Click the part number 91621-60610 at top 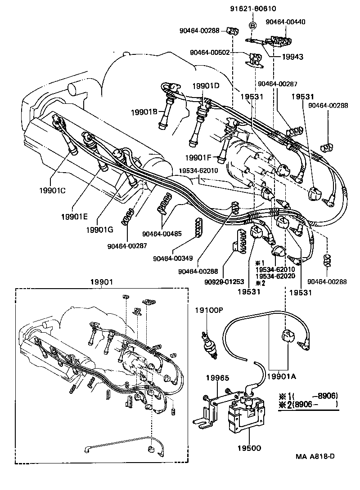pos(253,8)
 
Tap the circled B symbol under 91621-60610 pos(252,26)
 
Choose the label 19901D pos(206,86)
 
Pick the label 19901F pos(198,157)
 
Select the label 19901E pos(75,216)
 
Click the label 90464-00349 pos(173,258)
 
